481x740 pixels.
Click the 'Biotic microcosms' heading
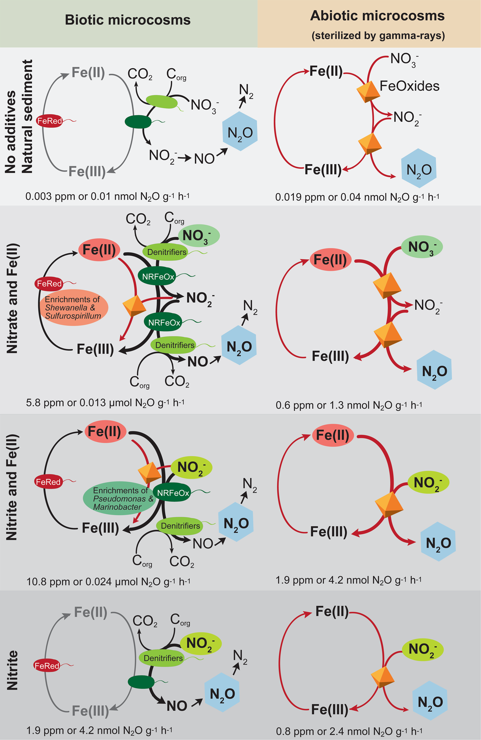coord(128,20)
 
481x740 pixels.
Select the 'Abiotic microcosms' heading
coord(377,16)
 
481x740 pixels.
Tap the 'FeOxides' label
coord(409,86)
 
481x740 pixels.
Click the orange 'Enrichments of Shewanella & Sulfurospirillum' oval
coord(74,307)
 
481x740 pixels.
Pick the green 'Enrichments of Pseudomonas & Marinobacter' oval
coord(119,498)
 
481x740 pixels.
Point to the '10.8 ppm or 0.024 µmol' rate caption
coord(108,582)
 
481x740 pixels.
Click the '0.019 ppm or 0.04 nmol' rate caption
coord(357,197)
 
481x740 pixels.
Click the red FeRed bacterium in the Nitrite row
coord(47,666)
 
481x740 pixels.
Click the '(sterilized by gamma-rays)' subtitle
coord(378,35)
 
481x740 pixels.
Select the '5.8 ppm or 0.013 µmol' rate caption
coord(105,403)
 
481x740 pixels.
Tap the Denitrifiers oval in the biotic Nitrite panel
coord(163,658)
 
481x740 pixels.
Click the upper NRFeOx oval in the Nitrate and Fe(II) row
coord(158,276)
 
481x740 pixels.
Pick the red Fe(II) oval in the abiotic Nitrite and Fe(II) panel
coord(333,435)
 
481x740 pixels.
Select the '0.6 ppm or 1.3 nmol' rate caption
coord(349,405)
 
